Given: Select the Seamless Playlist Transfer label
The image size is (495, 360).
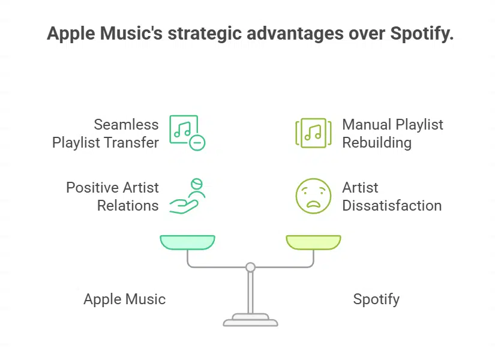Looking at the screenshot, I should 106,133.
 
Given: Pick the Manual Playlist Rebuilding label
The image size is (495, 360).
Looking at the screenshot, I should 392,133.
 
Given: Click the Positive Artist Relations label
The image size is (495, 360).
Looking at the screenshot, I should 112,196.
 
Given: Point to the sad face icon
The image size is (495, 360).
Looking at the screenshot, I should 313,196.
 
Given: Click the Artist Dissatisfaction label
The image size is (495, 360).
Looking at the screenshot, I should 391,196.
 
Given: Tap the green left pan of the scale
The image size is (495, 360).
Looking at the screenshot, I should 187,242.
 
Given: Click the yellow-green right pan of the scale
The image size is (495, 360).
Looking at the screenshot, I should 313,242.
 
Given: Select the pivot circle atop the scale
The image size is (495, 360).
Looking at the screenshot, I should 250,267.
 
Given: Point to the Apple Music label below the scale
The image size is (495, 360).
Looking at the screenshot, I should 124,299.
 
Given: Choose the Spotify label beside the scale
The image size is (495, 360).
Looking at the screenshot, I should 376,299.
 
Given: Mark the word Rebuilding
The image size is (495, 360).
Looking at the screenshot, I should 377,143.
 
